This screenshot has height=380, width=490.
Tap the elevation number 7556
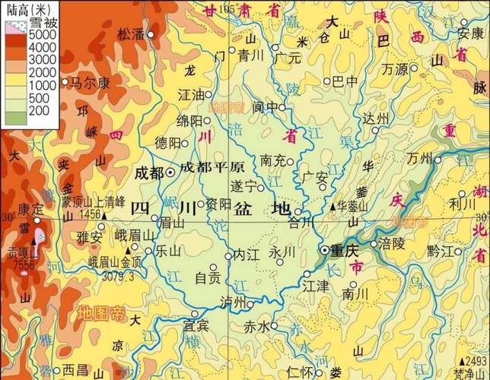[24, 264]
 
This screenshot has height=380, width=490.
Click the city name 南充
[272, 160]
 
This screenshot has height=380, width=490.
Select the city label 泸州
[232, 302]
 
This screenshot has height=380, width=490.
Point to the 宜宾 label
[196, 325]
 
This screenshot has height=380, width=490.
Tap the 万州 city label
[419, 159]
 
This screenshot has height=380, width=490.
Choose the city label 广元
[288, 57]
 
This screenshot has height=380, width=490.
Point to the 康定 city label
[31, 207]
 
